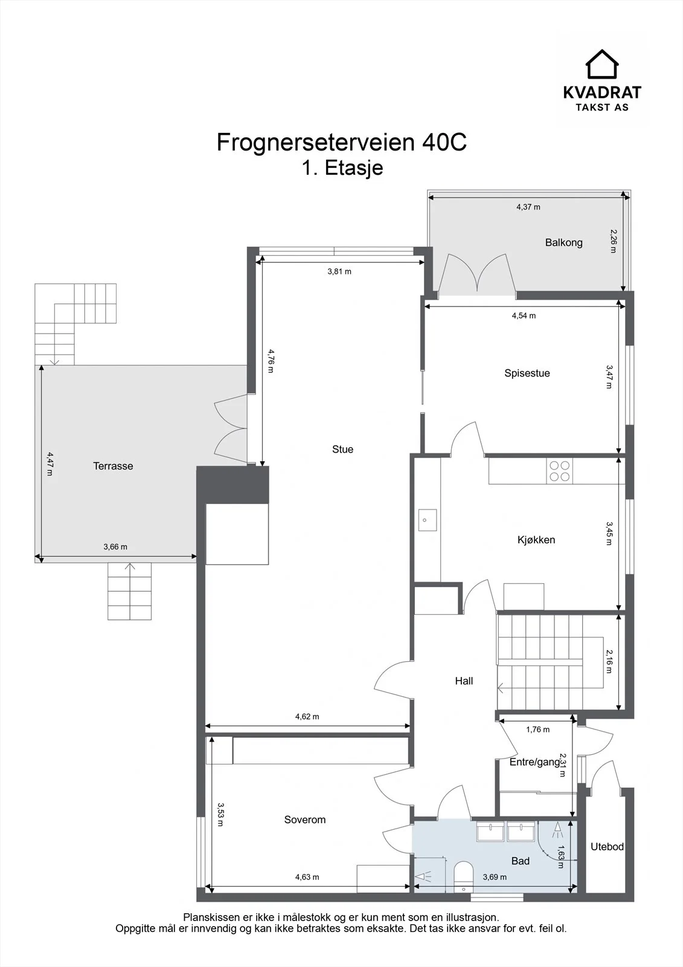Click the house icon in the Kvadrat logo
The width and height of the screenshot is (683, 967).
pyautogui.click(x=602, y=64)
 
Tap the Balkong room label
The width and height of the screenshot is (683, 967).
pyautogui.click(x=563, y=242)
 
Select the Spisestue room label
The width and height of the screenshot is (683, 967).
pyautogui.click(x=527, y=373)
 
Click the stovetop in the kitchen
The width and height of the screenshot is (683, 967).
pyautogui.click(x=559, y=471)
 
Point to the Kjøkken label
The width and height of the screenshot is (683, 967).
pyautogui.click(x=536, y=540)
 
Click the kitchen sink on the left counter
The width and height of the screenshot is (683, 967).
pyautogui.click(x=427, y=520)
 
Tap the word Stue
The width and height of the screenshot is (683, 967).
pyautogui.click(x=342, y=450)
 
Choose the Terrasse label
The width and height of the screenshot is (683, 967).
pyautogui.click(x=113, y=466)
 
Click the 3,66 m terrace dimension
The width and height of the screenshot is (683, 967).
pyautogui.click(x=115, y=546)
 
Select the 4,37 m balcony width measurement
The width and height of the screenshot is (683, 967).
pyautogui.click(x=528, y=207)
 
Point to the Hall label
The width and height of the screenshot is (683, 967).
pyautogui.click(x=464, y=681)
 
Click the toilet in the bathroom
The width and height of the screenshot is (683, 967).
pyautogui.click(x=464, y=876)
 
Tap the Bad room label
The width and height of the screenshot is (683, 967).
pyautogui.click(x=520, y=861)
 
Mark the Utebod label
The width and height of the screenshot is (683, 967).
pyautogui.click(x=607, y=847)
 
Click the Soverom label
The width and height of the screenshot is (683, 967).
pyautogui.click(x=304, y=820)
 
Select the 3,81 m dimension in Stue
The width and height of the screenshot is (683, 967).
pyautogui.click(x=339, y=271)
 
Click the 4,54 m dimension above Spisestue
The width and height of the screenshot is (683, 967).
pyautogui.click(x=524, y=315)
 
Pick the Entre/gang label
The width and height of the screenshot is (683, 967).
pyautogui.click(x=535, y=762)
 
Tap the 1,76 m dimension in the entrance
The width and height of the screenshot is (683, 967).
pyautogui.click(x=537, y=729)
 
